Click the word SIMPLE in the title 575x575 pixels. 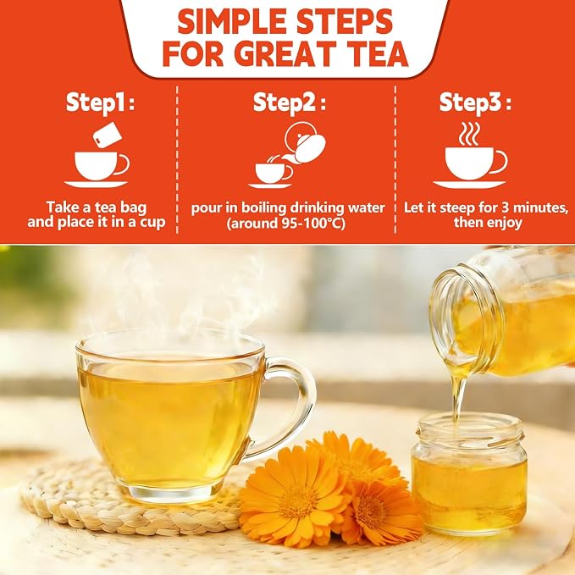click(x=232, y=21)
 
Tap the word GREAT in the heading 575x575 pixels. click(x=281, y=53)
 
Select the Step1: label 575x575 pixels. click(x=100, y=103)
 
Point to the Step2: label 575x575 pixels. click(x=290, y=103)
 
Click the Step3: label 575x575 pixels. click(x=475, y=103)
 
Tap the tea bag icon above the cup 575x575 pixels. click(x=108, y=135)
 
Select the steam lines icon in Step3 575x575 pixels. click(x=469, y=134)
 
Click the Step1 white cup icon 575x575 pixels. click(x=102, y=166)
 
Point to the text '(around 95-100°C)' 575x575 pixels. click(x=285, y=224)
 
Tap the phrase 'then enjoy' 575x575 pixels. click(x=488, y=223)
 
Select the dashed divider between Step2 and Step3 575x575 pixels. click(x=395, y=159)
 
